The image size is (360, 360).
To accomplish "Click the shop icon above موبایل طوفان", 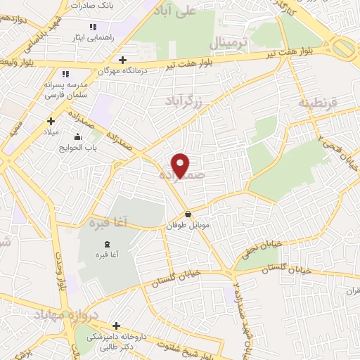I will coord(188,214).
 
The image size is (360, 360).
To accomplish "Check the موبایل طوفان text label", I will coord(187,227).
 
